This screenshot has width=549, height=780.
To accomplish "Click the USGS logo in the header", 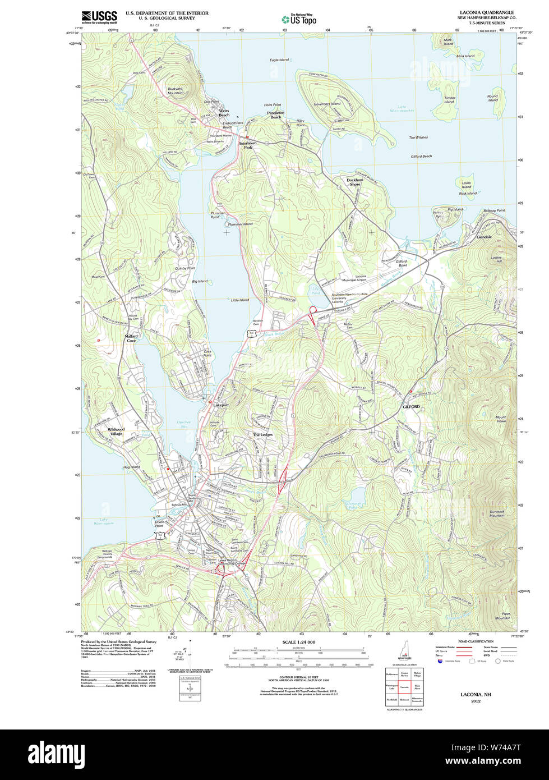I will pos(99,17).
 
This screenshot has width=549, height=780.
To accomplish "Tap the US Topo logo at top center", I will pos(299,19).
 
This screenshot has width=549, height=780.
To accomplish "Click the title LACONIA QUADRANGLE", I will pos(486,12).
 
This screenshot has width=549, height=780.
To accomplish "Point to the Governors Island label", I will pos(327,104).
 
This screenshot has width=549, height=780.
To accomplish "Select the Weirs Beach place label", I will pos(224,113).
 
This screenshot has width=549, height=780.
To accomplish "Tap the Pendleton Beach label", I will pos(275,115).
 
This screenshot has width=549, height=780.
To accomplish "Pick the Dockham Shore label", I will pos(354,182).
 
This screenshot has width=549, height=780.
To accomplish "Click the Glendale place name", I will pos(483,237).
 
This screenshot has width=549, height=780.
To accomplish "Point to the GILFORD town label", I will pos(410,406).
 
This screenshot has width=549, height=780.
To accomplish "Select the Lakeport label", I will pos(221,405).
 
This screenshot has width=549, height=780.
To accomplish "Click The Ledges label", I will pos(262,435).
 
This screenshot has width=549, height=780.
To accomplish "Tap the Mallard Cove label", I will pos(131,338).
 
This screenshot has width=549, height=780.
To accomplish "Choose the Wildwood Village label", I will pos(116,432).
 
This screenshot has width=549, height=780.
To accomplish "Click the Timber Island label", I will pos(450,100).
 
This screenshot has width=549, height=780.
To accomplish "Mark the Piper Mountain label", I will pos(502,616).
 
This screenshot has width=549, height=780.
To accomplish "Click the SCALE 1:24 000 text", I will pos(298,642).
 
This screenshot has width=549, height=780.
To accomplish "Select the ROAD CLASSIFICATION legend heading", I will pos(476,641).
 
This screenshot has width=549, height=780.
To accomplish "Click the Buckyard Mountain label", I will pos(176,91).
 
